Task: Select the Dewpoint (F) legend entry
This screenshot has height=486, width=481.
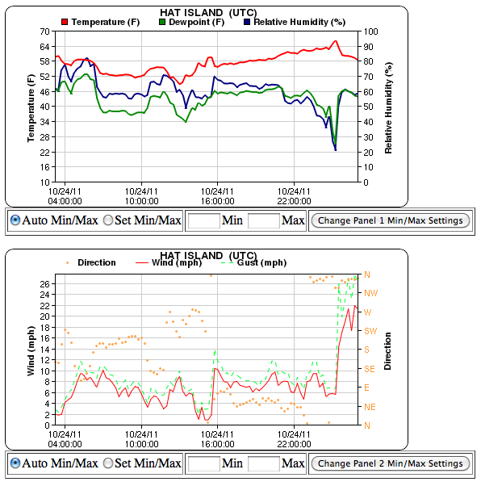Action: (193, 22)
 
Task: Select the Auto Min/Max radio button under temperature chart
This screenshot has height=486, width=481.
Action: (15, 220)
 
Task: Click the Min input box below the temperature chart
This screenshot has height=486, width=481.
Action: (203, 220)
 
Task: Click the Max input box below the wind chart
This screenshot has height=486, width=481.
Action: (263, 463)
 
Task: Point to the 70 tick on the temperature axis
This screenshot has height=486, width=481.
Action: (44, 31)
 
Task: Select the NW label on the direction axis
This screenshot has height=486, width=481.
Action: (372, 293)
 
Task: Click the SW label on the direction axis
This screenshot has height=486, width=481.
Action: (372, 331)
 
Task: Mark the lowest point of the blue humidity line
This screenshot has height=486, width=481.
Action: (335, 149)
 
